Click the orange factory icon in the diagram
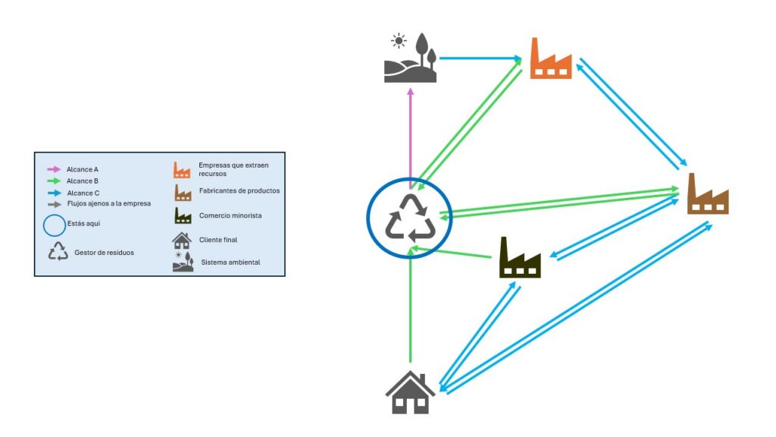[x=551, y=58]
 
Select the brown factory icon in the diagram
[x=708, y=194]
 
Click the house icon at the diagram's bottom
[x=410, y=392]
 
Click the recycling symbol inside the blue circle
[x=409, y=218]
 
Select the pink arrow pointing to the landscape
[x=410, y=137]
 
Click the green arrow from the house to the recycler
[x=410, y=311]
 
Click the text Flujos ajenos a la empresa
[x=109, y=203]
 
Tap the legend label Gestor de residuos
[x=105, y=252]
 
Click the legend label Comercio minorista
[x=230, y=216]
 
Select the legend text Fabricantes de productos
[x=239, y=190]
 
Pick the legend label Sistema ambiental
[x=230, y=263]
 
